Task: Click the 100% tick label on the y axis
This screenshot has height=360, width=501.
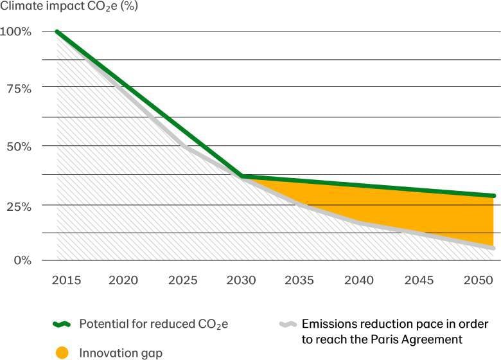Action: point(16,32)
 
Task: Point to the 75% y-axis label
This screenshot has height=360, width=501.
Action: point(18,89)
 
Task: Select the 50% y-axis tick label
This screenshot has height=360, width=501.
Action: point(18,146)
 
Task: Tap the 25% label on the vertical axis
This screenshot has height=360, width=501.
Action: point(18,206)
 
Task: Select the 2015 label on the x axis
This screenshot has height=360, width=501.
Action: point(66,280)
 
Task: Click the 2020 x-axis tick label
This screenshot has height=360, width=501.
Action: point(124,280)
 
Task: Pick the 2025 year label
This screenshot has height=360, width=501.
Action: point(182,280)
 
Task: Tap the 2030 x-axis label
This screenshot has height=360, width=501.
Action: point(241,280)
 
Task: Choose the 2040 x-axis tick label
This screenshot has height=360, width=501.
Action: point(358,280)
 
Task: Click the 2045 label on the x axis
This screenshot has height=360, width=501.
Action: point(417,280)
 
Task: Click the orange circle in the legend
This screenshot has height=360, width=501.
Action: point(62,353)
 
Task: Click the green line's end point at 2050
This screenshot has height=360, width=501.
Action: point(493,195)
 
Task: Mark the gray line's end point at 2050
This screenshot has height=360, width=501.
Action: point(493,248)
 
